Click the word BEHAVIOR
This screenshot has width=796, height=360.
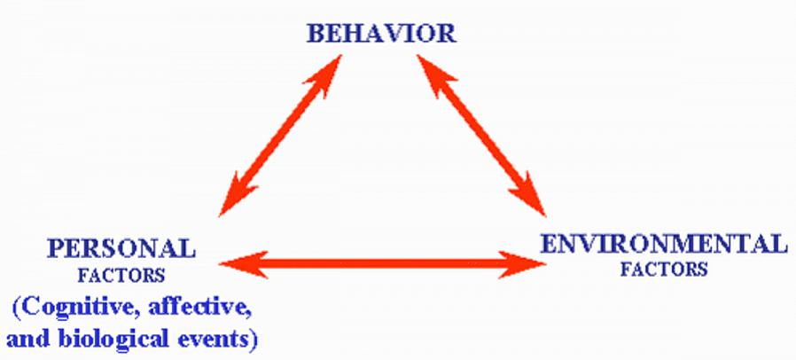point(381,34)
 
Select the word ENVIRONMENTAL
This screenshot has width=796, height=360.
point(662,243)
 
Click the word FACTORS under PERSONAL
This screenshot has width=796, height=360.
point(120,276)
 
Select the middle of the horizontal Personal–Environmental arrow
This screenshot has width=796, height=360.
point(383,262)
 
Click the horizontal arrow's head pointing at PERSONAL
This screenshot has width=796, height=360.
point(238,262)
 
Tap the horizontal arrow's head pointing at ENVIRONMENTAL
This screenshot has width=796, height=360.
point(530,262)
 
